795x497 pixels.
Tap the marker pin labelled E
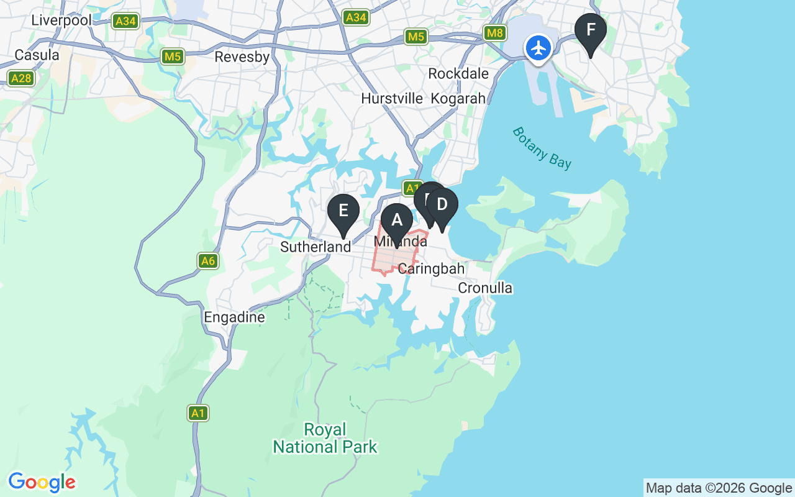click(343, 212)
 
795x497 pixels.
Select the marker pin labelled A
click(396, 221)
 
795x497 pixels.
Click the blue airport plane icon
click(538, 48)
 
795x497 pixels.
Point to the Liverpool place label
click(61, 20)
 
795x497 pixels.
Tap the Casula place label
click(37, 55)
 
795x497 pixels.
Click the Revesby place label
click(242, 57)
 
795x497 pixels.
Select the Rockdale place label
click(458, 74)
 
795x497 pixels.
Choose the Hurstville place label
click(392, 99)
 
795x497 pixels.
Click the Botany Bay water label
click(542, 148)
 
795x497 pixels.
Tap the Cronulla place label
click(485, 288)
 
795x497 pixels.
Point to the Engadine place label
click(235, 317)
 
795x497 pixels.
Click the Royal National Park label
click(325, 438)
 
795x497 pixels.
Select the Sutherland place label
click(316, 247)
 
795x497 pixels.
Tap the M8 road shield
click(495, 33)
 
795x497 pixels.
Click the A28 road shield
click(21, 78)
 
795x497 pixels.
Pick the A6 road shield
click(208, 261)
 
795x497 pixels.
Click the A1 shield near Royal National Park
click(198, 413)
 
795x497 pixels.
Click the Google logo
click(42, 482)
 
